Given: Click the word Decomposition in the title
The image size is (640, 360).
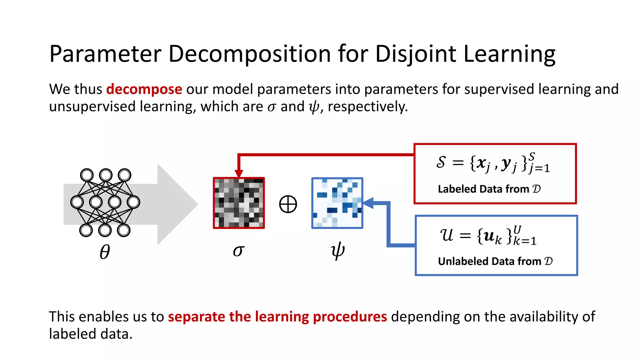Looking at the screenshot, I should [x=249, y=54].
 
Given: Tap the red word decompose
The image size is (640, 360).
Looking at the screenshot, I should [x=144, y=89].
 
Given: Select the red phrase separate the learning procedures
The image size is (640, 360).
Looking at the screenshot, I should [x=277, y=317].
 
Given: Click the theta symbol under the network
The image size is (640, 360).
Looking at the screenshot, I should [x=105, y=252].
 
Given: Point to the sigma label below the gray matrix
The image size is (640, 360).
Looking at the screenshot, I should [x=238, y=251].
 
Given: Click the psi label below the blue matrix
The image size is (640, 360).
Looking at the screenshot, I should [x=337, y=251].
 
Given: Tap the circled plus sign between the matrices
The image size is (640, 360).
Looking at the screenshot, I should [x=288, y=204].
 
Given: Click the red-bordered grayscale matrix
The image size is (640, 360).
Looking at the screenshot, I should [x=239, y=203].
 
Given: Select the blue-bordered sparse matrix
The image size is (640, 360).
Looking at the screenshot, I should [x=337, y=203].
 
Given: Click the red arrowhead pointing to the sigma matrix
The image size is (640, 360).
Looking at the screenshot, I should [x=239, y=173].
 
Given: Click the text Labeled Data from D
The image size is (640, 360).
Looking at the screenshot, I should [x=489, y=189].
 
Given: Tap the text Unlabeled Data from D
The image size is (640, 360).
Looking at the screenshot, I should [x=495, y=261].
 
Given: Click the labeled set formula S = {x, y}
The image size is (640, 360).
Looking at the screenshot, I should [x=493, y=163].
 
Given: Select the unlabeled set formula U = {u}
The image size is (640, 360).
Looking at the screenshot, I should [x=488, y=236].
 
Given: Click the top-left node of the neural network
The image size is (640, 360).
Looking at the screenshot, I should [x=87, y=175].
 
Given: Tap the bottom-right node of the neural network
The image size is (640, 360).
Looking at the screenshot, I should [x=124, y=231].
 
